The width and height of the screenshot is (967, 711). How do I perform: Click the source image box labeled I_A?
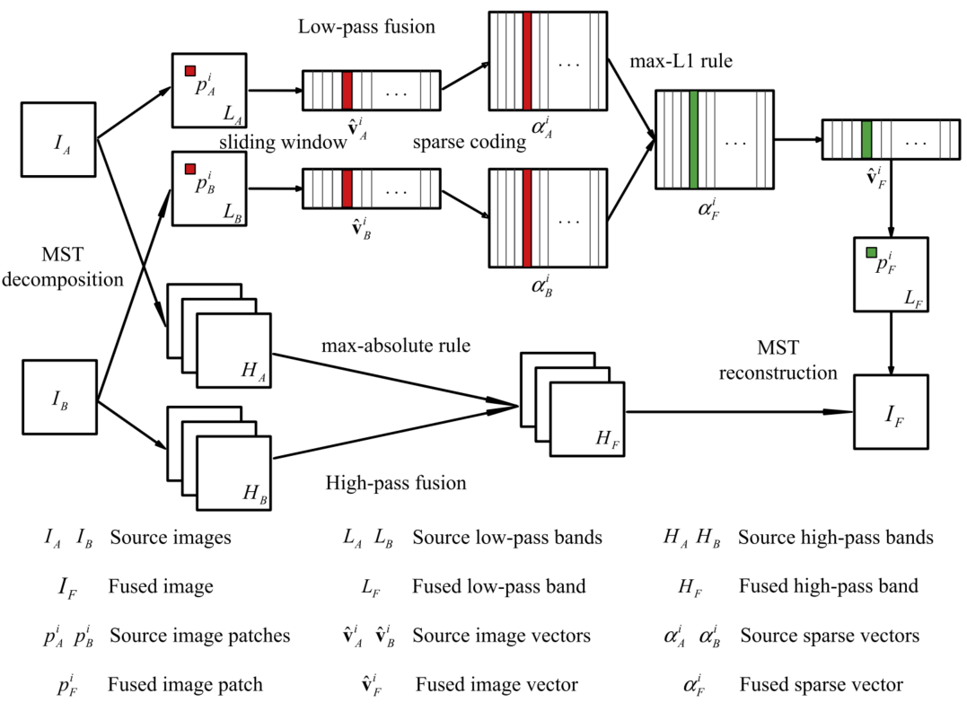58,138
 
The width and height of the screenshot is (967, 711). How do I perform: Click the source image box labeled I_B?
58,397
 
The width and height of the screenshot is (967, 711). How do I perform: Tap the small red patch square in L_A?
189,71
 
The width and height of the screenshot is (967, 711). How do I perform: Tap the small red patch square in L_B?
189,169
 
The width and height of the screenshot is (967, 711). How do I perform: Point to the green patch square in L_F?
871,253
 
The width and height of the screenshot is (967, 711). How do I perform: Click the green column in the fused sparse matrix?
693,139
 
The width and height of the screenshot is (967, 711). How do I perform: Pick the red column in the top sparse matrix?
527,61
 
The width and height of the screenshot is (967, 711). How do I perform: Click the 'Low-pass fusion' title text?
366,27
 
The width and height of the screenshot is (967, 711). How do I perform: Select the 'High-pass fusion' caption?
397,483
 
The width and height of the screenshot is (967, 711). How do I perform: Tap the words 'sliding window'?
281,142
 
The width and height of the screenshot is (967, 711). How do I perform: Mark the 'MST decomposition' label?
81,267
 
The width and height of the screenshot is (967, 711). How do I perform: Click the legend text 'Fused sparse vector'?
821,684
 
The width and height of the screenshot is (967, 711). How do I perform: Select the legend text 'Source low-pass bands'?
506,538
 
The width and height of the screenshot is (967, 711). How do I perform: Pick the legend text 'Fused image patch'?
185,684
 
